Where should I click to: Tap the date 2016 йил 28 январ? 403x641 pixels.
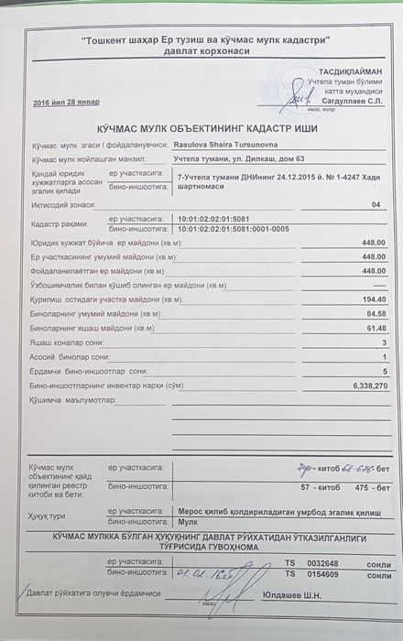[66, 102]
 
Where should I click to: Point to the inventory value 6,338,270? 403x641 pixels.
[369, 386]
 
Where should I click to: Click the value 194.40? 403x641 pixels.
[374, 299]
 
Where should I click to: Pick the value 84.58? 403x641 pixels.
[375, 314]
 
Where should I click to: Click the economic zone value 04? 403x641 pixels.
[373, 205]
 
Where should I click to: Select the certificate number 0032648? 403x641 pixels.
[327, 562]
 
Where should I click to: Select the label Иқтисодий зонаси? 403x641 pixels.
[58, 206]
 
